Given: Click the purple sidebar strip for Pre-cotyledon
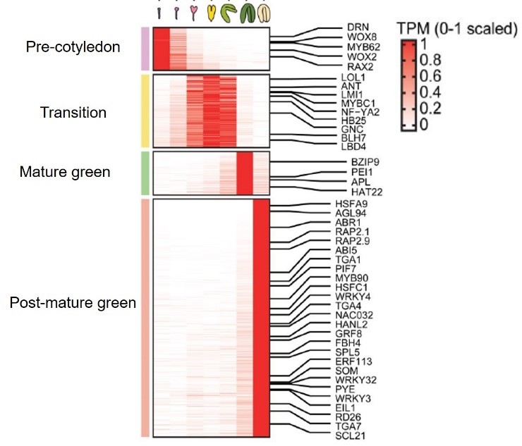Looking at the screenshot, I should tap(145, 49).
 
